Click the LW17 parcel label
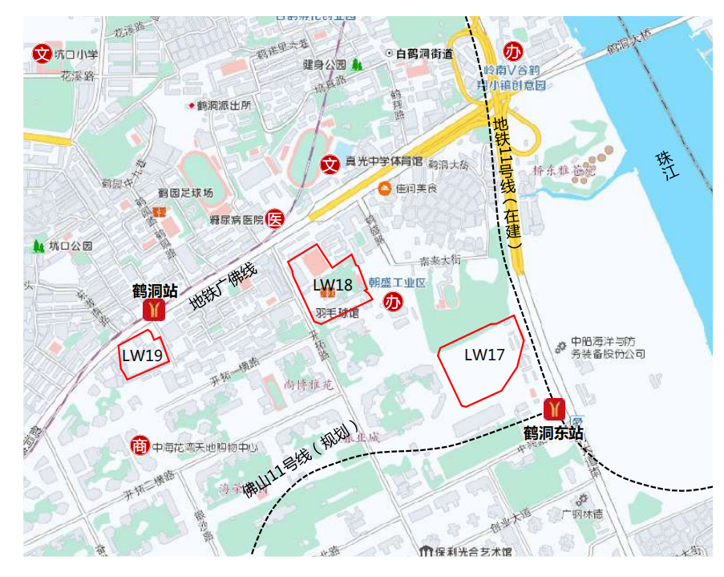(484, 354)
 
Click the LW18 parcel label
(333, 285)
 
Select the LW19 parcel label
(143, 355)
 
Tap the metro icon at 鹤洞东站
(553, 409)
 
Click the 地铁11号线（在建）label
(508, 181)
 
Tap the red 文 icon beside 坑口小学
(42, 55)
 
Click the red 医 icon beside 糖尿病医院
(275, 219)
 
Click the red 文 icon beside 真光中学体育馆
(330, 165)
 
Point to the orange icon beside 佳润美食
(385, 189)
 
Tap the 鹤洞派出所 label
(224, 105)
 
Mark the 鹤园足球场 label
(185, 193)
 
